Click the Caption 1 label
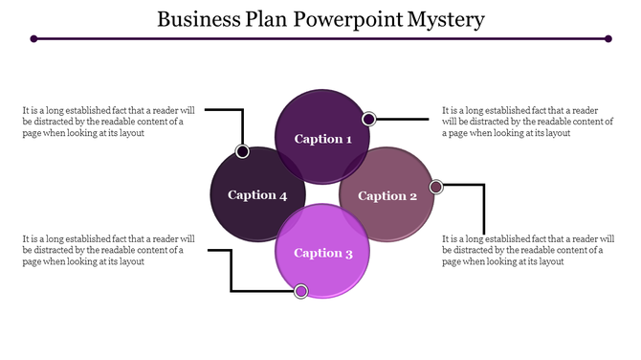tap(323, 139)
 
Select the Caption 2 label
tap(387, 195)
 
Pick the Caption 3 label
tap(323, 253)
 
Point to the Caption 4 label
tap(257, 195)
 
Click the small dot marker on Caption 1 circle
tap(368, 119)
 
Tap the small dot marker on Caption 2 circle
tap(436, 187)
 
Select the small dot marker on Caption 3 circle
tap(301, 290)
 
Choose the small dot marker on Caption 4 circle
tap(243, 151)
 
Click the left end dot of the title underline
tap(33, 39)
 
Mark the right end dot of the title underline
tap(608, 39)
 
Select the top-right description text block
tap(527, 122)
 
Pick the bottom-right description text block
tap(527, 250)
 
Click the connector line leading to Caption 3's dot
tap(232, 273)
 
